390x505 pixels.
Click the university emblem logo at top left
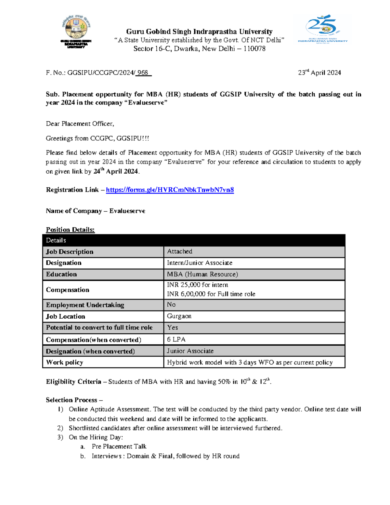pyautogui.click(x=76, y=31)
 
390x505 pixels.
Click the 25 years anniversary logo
pyautogui.click(x=322, y=29)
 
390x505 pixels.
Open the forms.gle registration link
pyautogui.click(x=170, y=190)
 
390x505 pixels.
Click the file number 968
pyautogui.click(x=143, y=73)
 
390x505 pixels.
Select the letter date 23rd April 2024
pyautogui.click(x=319, y=73)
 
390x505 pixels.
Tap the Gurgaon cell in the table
pyautogui.click(x=179, y=316)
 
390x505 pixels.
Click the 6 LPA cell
pyautogui.click(x=176, y=339)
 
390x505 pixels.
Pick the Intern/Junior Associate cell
pyautogui.click(x=200, y=263)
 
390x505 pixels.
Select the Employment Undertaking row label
pyautogui.click(x=85, y=305)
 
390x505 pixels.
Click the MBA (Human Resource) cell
pyautogui.click(x=202, y=274)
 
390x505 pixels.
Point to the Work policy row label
pyautogui.click(x=64, y=362)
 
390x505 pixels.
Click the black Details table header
pyautogui.click(x=194, y=240)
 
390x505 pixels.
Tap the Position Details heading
pyautogui.click(x=70, y=230)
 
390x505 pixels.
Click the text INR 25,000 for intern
pyautogui.click(x=197, y=285)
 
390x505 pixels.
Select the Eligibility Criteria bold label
pyautogui.click(x=73, y=382)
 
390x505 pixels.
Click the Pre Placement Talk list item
pyautogui.click(x=119, y=446)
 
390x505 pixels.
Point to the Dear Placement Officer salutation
pyautogui.click(x=80, y=124)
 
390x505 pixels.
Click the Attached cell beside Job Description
pyautogui.click(x=179, y=251)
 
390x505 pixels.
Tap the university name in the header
pyautogui.click(x=199, y=32)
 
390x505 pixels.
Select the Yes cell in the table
pyautogui.click(x=172, y=328)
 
